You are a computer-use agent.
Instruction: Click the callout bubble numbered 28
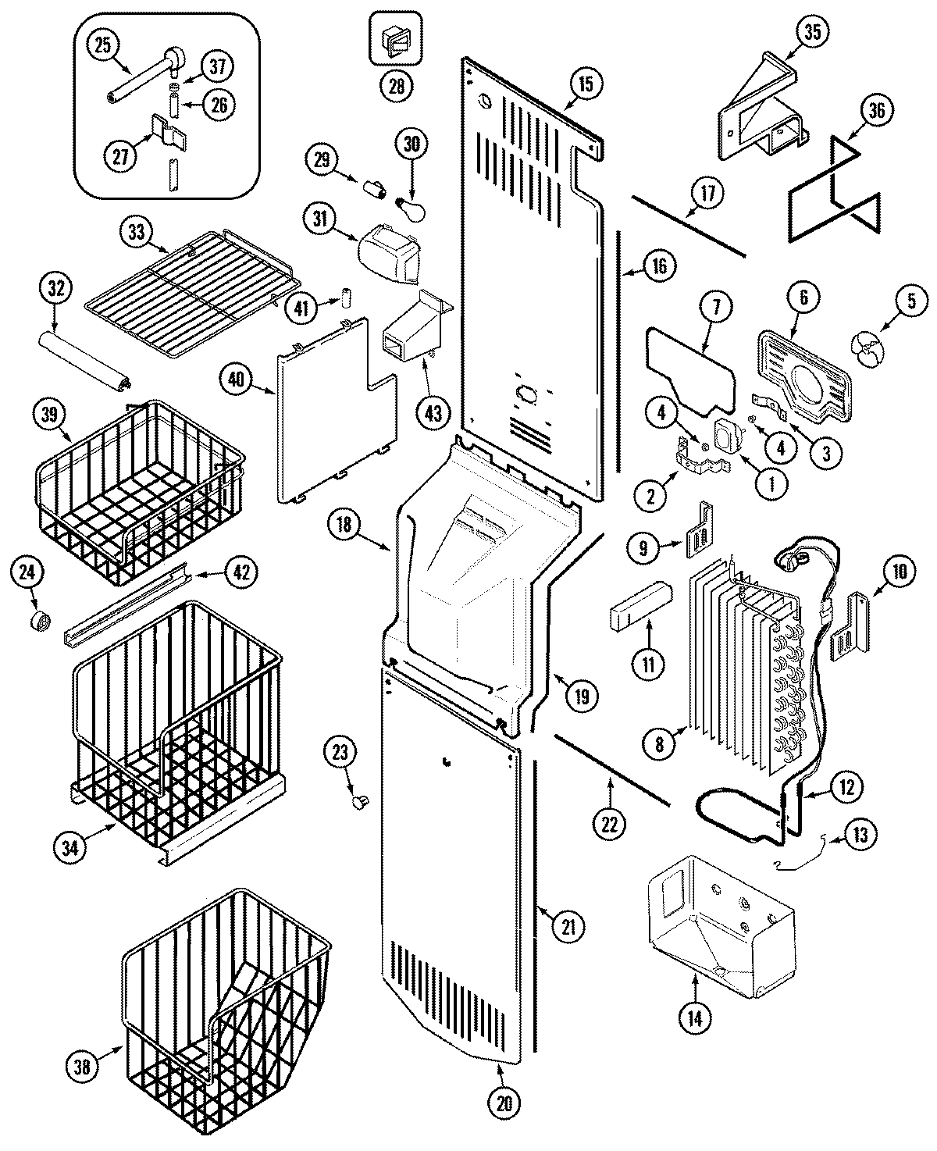tap(397, 86)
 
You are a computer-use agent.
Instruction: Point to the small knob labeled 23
tap(361, 801)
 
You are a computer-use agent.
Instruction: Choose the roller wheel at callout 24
tap(40, 622)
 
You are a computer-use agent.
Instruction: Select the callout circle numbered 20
tap(503, 1103)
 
